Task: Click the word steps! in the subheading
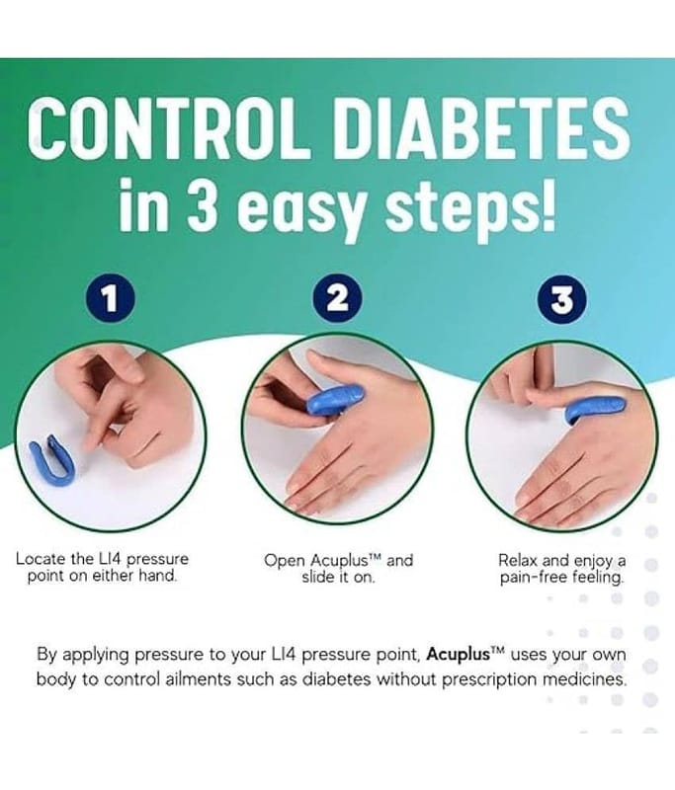tap(469, 207)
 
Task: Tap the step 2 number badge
tap(338, 298)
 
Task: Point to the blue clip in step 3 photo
tap(595, 407)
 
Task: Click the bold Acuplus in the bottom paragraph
tap(459, 654)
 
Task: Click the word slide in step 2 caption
tap(317, 577)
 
